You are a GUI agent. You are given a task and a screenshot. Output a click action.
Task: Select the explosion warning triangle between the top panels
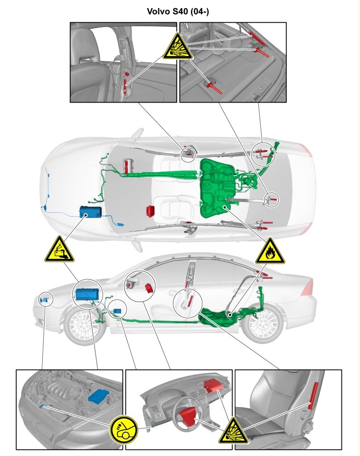tap(178, 46)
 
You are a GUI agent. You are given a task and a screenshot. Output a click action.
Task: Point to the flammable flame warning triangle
tap(270, 251)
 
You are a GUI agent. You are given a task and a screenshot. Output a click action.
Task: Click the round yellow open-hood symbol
tap(123, 429)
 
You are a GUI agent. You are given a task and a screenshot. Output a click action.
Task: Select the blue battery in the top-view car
tap(91, 212)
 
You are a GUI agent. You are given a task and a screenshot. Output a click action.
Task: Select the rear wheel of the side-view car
tap(263, 323)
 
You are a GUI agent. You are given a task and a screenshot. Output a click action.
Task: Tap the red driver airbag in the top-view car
tap(151, 211)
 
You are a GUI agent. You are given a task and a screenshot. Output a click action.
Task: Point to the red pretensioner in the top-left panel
tap(125, 82)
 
